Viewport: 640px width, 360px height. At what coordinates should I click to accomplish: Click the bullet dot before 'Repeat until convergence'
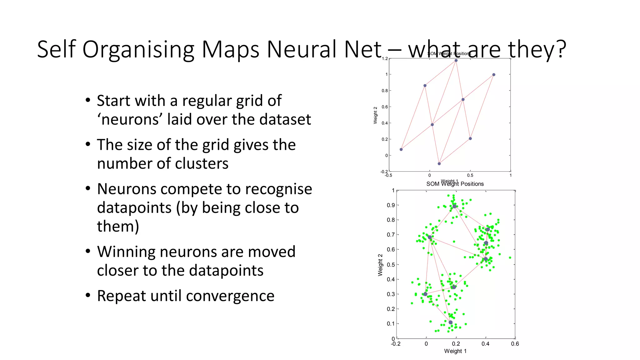click(x=88, y=295)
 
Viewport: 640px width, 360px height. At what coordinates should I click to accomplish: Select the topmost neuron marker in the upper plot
click(x=456, y=61)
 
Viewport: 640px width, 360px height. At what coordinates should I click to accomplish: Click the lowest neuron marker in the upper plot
click(x=439, y=164)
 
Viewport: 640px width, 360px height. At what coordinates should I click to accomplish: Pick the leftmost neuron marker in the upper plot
click(x=401, y=149)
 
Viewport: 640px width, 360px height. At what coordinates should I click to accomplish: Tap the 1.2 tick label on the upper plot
click(x=384, y=58)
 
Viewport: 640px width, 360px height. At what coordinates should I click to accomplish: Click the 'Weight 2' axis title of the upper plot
click(x=375, y=115)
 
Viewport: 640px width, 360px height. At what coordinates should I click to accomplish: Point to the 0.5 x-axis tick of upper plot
click(x=470, y=175)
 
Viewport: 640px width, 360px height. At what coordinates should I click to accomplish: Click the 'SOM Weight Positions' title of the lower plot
click(x=455, y=184)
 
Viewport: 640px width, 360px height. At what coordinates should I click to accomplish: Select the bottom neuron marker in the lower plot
click(x=450, y=322)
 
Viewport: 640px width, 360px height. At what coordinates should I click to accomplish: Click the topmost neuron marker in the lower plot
click(x=454, y=207)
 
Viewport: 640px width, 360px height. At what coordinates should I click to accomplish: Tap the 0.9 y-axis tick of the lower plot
click(x=391, y=205)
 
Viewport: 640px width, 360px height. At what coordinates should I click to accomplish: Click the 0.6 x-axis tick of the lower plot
click(x=515, y=344)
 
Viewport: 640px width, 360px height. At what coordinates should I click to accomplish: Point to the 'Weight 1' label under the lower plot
click(x=455, y=351)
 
